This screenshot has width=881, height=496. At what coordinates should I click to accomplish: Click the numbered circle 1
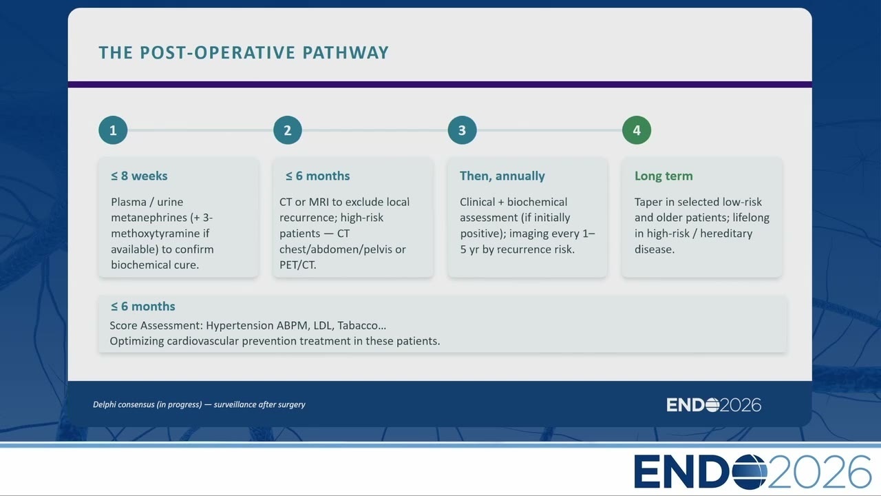click(113, 130)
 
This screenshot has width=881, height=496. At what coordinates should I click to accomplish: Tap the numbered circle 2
click(288, 130)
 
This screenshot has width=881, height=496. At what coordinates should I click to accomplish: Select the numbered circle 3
click(462, 130)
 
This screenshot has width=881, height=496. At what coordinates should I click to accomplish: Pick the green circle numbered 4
click(637, 130)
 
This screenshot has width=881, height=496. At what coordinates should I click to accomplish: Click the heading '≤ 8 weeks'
click(139, 176)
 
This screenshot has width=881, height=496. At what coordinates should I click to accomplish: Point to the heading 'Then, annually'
click(502, 176)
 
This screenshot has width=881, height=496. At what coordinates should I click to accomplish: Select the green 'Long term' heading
click(664, 176)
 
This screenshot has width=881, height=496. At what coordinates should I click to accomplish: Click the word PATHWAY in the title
click(346, 53)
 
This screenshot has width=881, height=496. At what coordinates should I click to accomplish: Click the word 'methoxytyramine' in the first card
click(156, 234)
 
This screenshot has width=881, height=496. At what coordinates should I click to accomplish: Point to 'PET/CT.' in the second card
click(298, 265)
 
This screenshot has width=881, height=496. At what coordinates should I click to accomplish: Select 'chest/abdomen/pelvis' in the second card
click(336, 249)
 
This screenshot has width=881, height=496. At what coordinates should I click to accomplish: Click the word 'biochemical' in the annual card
click(537, 202)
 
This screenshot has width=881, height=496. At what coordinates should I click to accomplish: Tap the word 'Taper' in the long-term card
click(648, 202)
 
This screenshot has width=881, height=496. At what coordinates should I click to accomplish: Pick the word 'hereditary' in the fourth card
click(726, 234)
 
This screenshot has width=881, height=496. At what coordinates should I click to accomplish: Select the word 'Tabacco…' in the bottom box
click(362, 326)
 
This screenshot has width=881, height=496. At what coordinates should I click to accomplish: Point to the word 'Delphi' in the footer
click(104, 404)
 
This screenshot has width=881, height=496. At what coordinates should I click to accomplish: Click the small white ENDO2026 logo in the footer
click(714, 405)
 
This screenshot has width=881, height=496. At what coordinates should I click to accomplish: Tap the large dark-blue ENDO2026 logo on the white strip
click(752, 472)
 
